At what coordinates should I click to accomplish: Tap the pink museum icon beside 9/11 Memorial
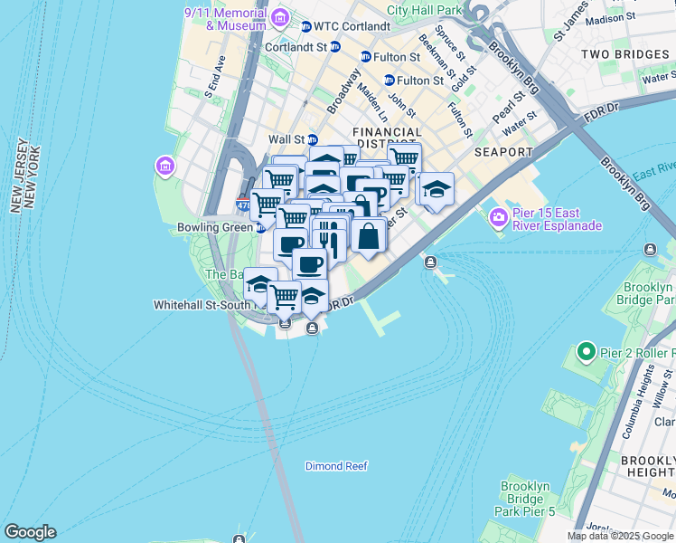tap(280, 18)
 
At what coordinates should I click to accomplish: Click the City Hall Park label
tap(424, 10)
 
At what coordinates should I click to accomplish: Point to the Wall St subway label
tap(286, 139)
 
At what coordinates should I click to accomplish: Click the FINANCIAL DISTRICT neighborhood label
tap(387, 138)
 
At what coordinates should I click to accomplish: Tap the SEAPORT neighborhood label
tap(502, 152)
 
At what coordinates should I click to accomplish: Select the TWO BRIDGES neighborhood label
tap(624, 54)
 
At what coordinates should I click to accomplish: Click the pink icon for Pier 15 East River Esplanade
tap(498, 217)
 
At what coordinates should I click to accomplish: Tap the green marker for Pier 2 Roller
tap(586, 351)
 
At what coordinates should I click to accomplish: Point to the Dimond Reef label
tap(336, 466)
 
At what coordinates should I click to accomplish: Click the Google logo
tap(30, 532)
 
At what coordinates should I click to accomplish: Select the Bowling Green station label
tap(215, 228)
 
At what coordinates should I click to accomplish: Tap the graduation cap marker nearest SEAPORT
tap(436, 190)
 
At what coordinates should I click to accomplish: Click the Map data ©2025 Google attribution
tap(620, 536)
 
